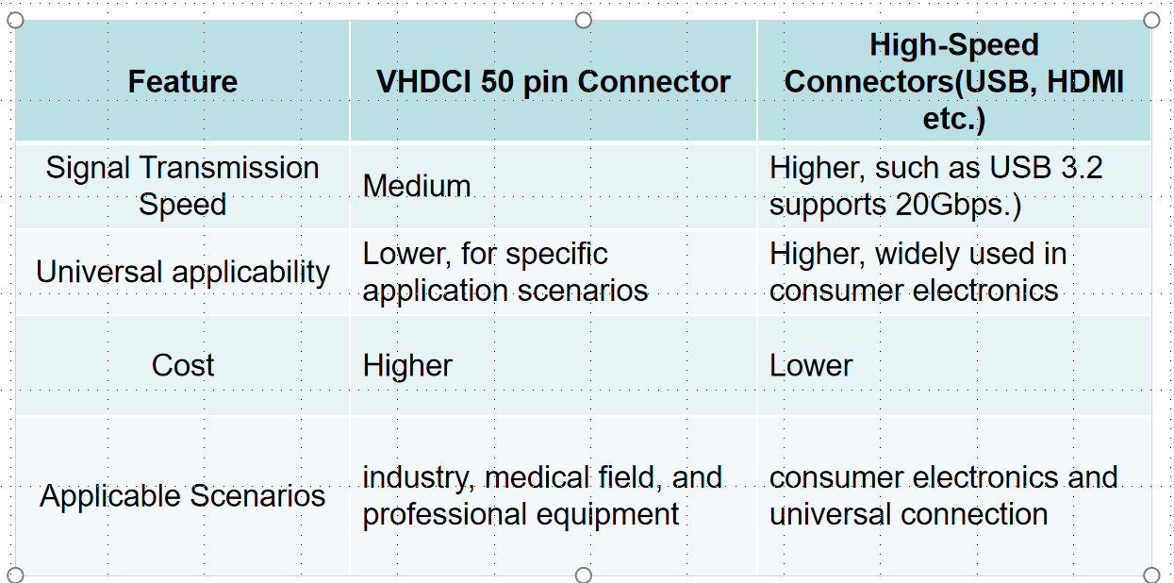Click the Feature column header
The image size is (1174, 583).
tap(182, 82)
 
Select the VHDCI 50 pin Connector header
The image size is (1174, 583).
tap(554, 82)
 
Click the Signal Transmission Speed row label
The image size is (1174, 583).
tap(182, 186)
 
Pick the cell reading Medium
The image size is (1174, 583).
tap(417, 186)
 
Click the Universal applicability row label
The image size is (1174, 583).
tap(182, 273)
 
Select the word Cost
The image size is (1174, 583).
tap(182, 365)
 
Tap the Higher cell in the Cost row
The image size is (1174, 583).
tap(407, 365)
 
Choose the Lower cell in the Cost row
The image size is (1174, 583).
tap(811, 365)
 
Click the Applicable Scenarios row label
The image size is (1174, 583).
tap(182, 496)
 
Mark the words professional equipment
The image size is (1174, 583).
tap(521, 515)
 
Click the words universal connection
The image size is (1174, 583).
tap(908, 514)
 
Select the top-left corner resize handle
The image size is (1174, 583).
tap(15, 21)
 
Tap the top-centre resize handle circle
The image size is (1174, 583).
tap(584, 21)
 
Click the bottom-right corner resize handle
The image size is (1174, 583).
tap(1151, 575)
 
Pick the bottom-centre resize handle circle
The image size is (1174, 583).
tap(584, 575)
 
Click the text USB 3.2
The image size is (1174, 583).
tap(1046, 168)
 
